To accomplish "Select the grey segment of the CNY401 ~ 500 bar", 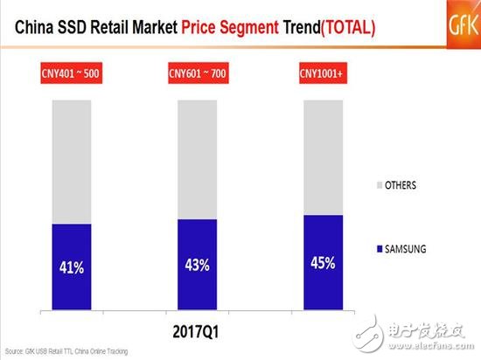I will pos(78,162).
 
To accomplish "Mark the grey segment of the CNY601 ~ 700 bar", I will pos(204,159).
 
